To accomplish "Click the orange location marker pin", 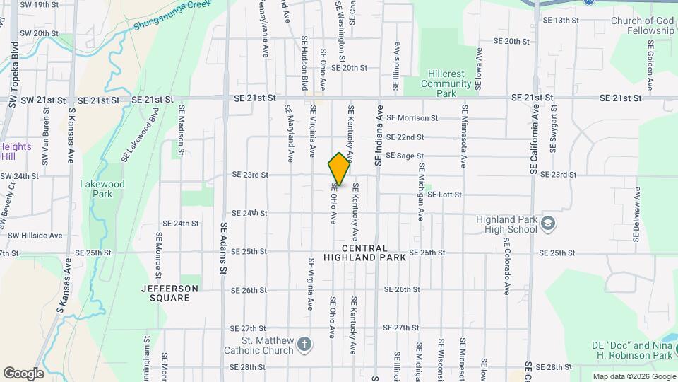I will click(339, 170).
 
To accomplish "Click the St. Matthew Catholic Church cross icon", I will click(304, 345).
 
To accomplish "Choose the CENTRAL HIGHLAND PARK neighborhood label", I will click(364, 253).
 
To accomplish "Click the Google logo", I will click(23, 374).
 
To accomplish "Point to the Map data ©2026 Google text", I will click(634, 376).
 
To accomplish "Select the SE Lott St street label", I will click(445, 195).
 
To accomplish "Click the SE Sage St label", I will click(405, 156).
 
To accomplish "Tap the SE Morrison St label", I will click(412, 117).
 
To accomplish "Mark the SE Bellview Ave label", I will click(637, 211).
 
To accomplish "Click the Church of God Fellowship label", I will click(643, 25).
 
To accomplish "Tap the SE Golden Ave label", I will click(650, 57).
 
